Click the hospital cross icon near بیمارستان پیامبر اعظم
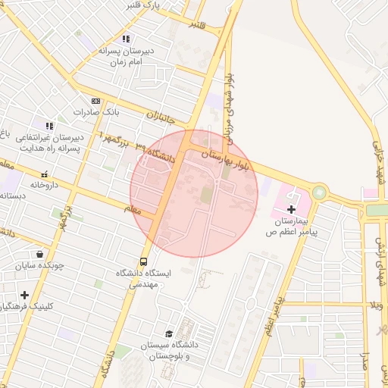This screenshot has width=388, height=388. click(x=292, y=208)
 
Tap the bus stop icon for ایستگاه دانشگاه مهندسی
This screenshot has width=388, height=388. click(x=144, y=262)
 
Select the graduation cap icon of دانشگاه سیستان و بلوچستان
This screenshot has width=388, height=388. click(x=169, y=333)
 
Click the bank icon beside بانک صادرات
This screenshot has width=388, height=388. click(x=95, y=101)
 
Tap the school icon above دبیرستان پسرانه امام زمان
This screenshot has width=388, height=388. click(x=126, y=39)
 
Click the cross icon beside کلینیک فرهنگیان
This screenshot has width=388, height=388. click(x=25, y=295)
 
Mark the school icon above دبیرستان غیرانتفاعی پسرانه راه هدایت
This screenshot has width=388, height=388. click(x=49, y=126)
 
